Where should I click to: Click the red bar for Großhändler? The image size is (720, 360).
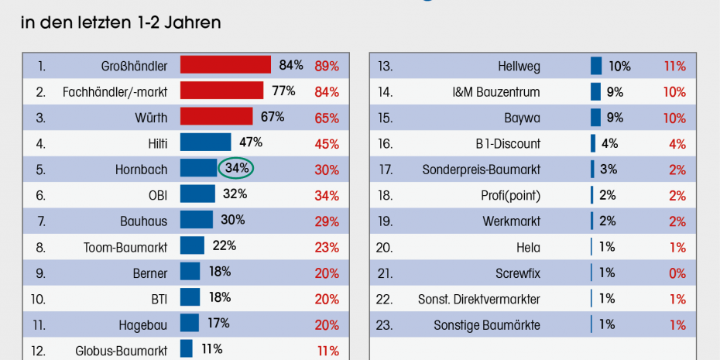[x=225, y=65]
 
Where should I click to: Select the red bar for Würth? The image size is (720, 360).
[x=216, y=117]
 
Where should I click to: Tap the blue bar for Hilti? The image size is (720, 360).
[x=205, y=142]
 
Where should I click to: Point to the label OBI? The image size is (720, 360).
[x=158, y=195]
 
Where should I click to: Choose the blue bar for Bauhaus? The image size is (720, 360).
[x=196, y=221]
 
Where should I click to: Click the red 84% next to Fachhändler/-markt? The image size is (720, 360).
[x=327, y=92]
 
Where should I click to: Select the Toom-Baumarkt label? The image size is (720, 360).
[x=125, y=247]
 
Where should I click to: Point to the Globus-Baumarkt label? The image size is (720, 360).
[x=121, y=351]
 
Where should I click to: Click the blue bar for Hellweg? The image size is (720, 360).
[x=596, y=66]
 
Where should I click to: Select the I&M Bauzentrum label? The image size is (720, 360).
[x=496, y=92]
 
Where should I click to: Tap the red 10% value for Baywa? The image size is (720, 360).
[x=674, y=118]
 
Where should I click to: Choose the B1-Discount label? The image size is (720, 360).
[x=508, y=144]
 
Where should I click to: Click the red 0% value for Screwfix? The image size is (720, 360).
[x=677, y=273]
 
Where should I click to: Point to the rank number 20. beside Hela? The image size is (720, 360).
[x=385, y=248]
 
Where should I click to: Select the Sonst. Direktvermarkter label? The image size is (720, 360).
[x=479, y=300]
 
